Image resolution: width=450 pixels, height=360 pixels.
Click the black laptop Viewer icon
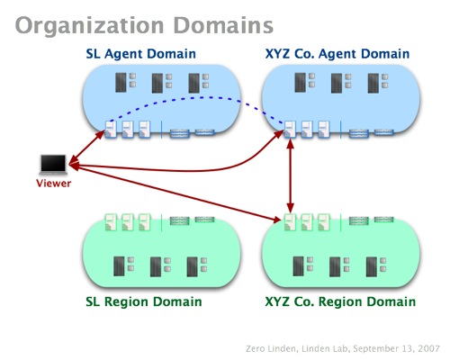[x=53, y=165]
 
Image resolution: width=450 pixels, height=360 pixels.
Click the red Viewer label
[x=54, y=184]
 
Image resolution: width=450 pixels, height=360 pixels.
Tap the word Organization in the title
[x=90, y=26]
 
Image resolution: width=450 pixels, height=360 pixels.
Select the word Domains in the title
[x=223, y=25]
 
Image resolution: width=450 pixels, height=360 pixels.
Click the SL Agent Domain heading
[x=140, y=54]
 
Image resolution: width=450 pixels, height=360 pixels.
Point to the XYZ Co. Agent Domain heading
[x=337, y=54]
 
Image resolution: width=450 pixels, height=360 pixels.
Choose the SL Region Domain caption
[x=144, y=301]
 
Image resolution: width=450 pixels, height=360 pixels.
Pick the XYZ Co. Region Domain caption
[x=340, y=301]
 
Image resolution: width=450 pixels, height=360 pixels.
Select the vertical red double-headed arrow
[x=290, y=176]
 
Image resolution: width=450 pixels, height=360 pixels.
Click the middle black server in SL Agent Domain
[x=157, y=83]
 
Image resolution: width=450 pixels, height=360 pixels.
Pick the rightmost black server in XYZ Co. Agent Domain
[x=373, y=83]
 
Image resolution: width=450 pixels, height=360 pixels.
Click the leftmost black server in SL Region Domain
[x=119, y=266]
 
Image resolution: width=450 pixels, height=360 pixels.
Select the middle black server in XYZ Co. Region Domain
[x=335, y=266]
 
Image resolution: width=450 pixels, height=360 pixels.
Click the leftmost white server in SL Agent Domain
[x=111, y=130]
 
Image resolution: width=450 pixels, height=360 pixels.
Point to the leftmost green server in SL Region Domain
[x=111, y=222]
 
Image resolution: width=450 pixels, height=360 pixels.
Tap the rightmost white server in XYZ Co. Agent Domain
[x=324, y=130]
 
